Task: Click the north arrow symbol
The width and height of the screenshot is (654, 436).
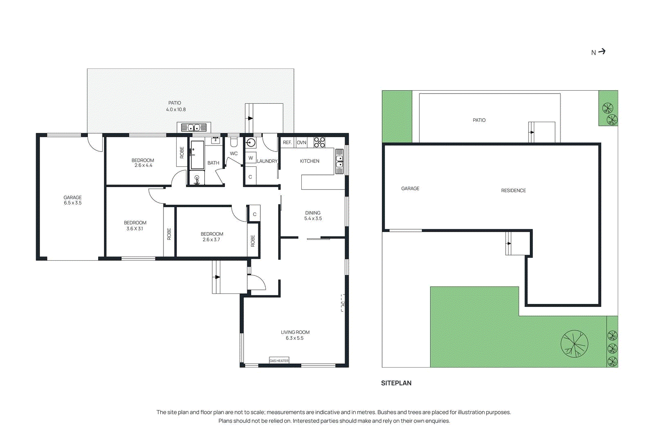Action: click(602, 51)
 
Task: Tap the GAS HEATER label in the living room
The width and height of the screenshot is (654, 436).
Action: click(279, 360)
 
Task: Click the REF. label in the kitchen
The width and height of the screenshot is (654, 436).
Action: click(287, 143)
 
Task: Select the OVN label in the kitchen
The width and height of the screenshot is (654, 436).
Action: click(301, 143)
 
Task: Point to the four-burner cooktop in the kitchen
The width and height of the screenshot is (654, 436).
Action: click(319, 142)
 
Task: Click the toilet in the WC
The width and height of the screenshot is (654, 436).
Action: click(234, 142)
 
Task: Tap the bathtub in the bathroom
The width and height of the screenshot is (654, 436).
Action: click(197, 155)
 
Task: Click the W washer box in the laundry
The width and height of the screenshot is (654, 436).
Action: click(251, 158)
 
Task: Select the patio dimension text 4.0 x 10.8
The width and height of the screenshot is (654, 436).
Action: click(176, 110)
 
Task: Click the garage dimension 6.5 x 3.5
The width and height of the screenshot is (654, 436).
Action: click(73, 203)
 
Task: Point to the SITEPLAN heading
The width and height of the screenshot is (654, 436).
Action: click(396, 383)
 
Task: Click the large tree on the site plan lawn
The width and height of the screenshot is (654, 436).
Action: click(574, 344)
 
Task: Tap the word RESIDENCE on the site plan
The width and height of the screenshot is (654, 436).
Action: click(513, 190)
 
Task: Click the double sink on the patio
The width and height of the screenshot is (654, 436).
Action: click(194, 127)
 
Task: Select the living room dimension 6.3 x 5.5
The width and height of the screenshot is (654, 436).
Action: click(295, 338)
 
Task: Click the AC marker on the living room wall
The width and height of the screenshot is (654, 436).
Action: click(343, 303)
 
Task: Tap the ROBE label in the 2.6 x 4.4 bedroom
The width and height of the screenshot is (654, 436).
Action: click(182, 152)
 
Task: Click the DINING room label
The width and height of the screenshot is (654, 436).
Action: click(313, 213)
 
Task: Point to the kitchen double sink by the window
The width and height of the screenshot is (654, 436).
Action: click(339, 162)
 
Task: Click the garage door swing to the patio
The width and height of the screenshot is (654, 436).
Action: click(96, 143)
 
